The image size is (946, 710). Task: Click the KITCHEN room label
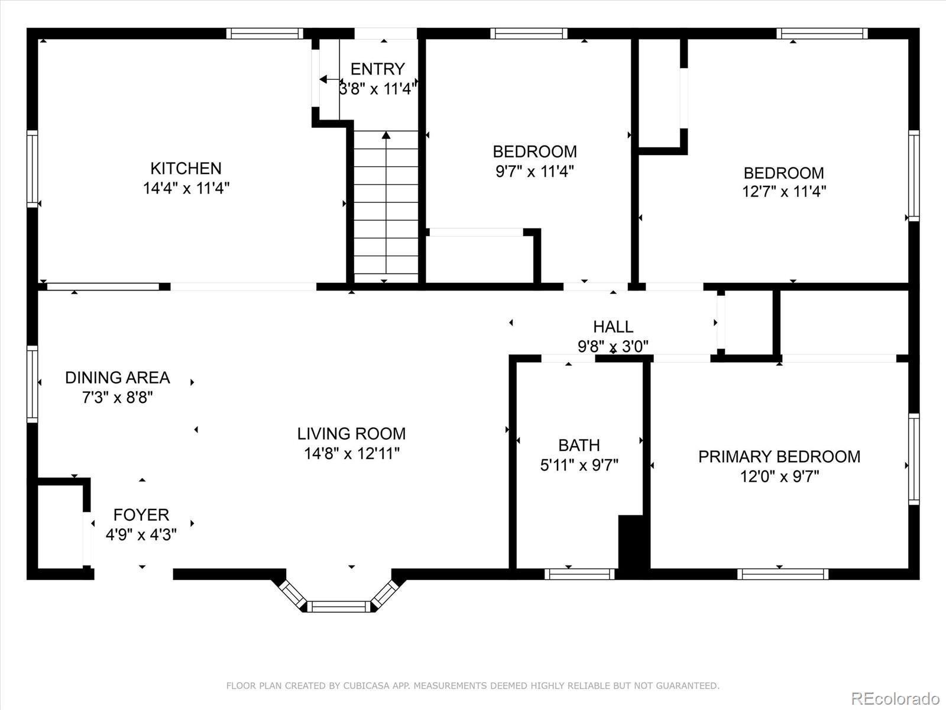pyautogui.click(x=186, y=168)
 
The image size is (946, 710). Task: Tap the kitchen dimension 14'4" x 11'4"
pyautogui.click(x=186, y=188)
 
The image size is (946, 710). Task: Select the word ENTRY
pyautogui.click(x=378, y=69)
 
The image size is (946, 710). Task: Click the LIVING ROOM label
pyautogui.click(x=351, y=434)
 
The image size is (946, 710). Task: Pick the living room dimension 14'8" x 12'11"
pyautogui.click(x=352, y=453)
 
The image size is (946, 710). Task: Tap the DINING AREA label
pyautogui.click(x=117, y=377)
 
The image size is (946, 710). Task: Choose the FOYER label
pyautogui.click(x=141, y=515)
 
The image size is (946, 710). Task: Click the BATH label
pyautogui.click(x=579, y=445)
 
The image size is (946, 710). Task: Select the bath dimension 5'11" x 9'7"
pyautogui.click(x=579, y=465)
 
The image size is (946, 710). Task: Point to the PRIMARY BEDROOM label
pyautogui.click(x=779, y=457)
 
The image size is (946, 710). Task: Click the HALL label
pyautogui.click(x=613, y=327)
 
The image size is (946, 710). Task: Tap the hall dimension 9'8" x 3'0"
pyautogui.click(x=613, y=346)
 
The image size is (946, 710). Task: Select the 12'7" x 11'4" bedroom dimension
pyautogui.click(x=784, y=191)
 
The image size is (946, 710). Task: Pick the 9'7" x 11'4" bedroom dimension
pyautogui.click(x=534, y=172)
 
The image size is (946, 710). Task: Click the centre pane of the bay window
pyautogui.click(x=339, y=607)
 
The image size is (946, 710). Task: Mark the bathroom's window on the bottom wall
pyautogui.click(x=579, y=574)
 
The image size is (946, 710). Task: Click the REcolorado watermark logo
pyautogui.click(x=896, y=698)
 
